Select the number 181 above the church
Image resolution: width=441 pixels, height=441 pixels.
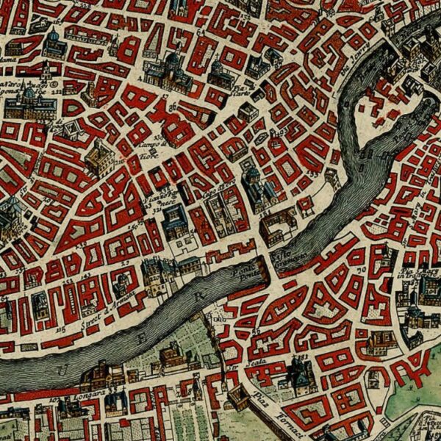coord(301,359)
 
